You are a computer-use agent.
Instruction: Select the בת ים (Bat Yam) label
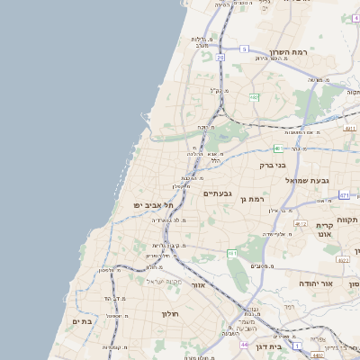click(83, 321)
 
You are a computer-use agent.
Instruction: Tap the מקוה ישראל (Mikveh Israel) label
click(164, 282)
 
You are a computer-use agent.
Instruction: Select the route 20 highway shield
click(220, 57)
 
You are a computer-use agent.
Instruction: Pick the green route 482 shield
click(254, 96)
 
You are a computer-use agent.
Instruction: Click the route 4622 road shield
click(343, 260)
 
